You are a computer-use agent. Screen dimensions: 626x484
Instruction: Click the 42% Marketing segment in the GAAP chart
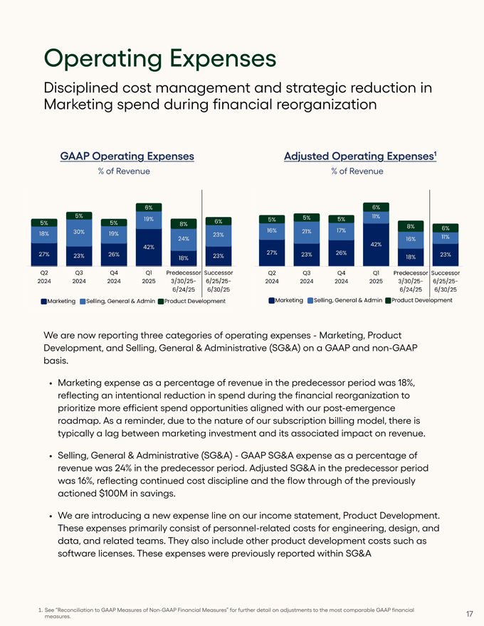[x=149, y=247]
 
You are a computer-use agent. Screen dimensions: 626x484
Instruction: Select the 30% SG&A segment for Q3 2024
[x=79, y=232]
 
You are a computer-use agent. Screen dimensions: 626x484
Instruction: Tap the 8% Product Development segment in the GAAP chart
[x=184, y=223]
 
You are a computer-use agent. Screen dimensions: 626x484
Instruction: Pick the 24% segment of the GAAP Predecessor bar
[x=184, y=239]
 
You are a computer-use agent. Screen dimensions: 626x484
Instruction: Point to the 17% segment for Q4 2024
[x=342, y=230]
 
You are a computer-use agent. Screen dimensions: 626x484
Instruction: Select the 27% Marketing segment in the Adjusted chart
[x=271, y=253]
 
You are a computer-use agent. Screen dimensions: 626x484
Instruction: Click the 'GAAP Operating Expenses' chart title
[x=127, y=156]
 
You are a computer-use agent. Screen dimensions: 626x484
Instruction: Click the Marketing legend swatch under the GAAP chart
[x=43, y=302]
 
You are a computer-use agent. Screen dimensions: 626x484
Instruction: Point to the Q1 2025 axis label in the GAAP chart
[x=149, y=277]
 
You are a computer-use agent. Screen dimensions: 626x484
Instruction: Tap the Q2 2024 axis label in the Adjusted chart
[x=271, y=277]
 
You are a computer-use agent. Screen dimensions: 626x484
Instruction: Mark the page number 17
[x=470, y=612]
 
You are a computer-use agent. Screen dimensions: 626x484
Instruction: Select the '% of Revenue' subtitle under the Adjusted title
[x=357, y=171]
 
